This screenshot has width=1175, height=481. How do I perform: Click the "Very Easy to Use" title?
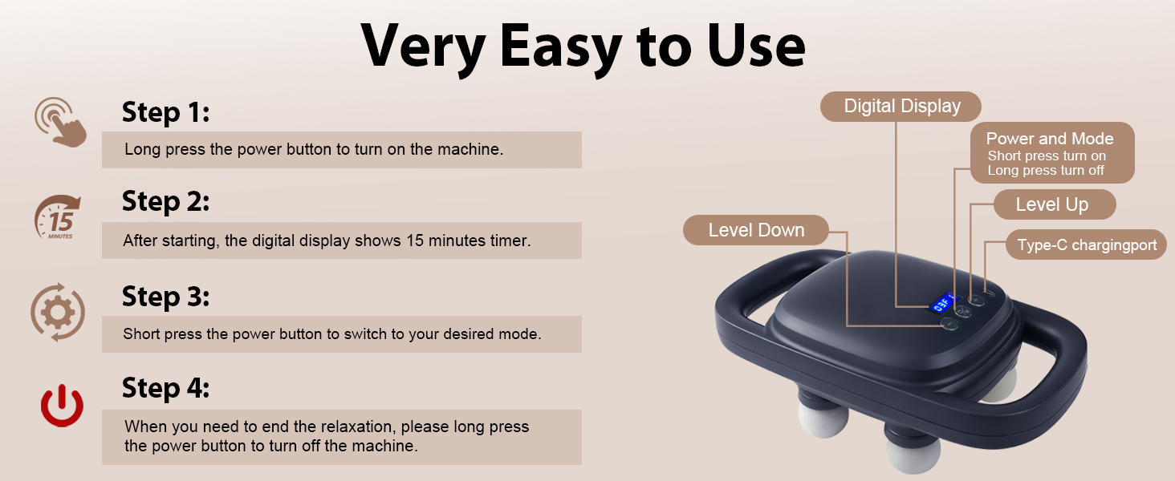tap(583, 46)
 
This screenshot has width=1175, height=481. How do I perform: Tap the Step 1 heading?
tap(165, 112)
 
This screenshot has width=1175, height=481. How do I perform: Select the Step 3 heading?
tap(165, 297)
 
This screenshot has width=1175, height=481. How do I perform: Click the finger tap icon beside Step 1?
tap(60, 121)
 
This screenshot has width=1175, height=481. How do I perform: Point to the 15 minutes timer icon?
tap(58, 216)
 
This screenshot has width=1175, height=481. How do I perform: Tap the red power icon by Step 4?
tap(62, 406)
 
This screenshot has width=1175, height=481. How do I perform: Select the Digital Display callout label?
tap(901, 107)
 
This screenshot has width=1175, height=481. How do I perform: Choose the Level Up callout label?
tap(1051, 204)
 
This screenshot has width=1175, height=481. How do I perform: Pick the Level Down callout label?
tap(755, 230)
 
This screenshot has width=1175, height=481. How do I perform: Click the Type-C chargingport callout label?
tap(1087, 245)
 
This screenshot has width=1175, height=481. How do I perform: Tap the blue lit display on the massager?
tap(941, 305)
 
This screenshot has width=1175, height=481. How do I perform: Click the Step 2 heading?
tap(165, 201)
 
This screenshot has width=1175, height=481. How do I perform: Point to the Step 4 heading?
tap(165, 388)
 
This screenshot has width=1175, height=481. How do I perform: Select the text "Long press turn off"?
tap(1046, 170)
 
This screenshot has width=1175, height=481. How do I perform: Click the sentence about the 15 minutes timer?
tap(327, 240)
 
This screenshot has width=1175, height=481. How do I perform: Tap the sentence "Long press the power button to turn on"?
tap(314, 150)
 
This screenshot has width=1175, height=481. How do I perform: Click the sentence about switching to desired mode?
tap(331, 334)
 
